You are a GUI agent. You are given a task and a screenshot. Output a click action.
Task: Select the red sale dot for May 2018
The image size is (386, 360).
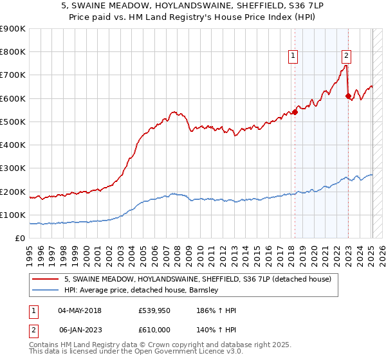point(295,112)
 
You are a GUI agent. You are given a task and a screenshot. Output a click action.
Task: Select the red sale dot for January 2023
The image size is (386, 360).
point(348,96)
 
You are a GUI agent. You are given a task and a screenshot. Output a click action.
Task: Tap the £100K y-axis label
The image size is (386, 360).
point(14,215)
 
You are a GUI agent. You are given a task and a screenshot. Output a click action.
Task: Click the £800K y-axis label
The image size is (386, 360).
point(14,51)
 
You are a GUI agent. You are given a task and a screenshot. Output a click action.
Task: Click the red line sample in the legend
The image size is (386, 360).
point(46,279)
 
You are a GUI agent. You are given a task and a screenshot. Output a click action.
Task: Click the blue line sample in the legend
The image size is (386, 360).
point(46,290)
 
